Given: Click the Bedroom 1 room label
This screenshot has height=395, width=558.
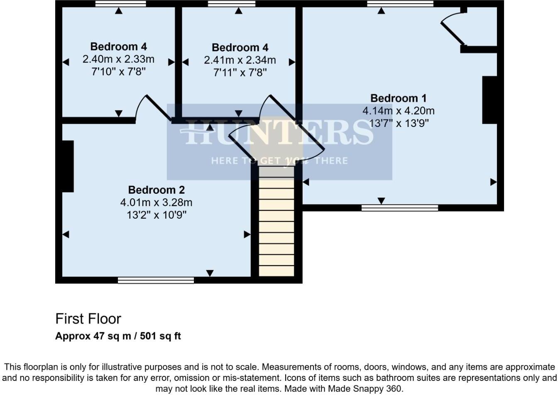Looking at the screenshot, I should point(398,98).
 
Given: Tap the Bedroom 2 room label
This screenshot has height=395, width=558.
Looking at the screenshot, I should point(156,190).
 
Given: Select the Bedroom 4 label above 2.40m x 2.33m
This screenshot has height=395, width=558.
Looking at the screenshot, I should point(118,46).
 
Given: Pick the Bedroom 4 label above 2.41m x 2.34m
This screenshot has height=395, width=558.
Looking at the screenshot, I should point(240,47).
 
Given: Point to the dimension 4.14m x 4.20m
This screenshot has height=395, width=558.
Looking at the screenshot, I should point(398,111).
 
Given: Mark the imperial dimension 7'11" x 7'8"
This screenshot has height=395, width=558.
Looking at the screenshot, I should point(240,73).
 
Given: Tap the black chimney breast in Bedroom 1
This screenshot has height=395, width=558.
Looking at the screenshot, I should point(489,100).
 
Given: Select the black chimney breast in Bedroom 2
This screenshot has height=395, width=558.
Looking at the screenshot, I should point(68,166).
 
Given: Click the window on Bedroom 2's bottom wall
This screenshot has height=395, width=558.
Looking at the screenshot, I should point(156,280).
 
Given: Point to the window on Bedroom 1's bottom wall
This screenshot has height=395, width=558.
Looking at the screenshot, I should point(399,208).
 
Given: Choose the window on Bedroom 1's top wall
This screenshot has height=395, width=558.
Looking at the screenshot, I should point(400,4).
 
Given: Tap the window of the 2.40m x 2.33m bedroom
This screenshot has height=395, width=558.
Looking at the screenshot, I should point(120,4).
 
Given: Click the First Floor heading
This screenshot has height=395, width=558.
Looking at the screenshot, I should point(88,319).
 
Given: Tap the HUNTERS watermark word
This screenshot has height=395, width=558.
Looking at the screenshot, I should point(279,132).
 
